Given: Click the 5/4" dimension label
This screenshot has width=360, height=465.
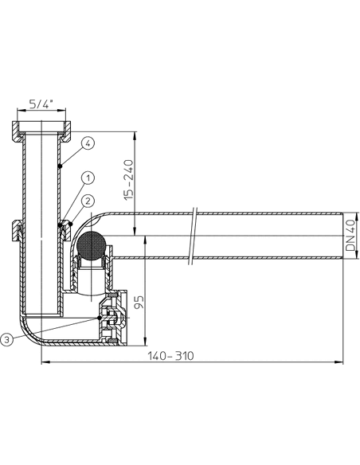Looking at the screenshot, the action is pos(41,104).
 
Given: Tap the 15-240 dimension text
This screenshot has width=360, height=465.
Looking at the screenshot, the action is pos(129,180).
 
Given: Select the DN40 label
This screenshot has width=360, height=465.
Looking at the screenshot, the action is pos(350,235).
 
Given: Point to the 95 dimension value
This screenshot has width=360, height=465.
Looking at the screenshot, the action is pos(139,302).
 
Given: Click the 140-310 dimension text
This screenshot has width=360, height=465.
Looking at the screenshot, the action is pos(170,356).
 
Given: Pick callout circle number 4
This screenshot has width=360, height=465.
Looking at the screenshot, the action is pos(88,143).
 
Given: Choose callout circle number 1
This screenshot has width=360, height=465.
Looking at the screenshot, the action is pos(88,178).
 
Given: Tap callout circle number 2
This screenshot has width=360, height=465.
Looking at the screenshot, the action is pos(88,201).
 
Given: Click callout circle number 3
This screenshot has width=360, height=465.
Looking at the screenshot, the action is pos(7,339).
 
